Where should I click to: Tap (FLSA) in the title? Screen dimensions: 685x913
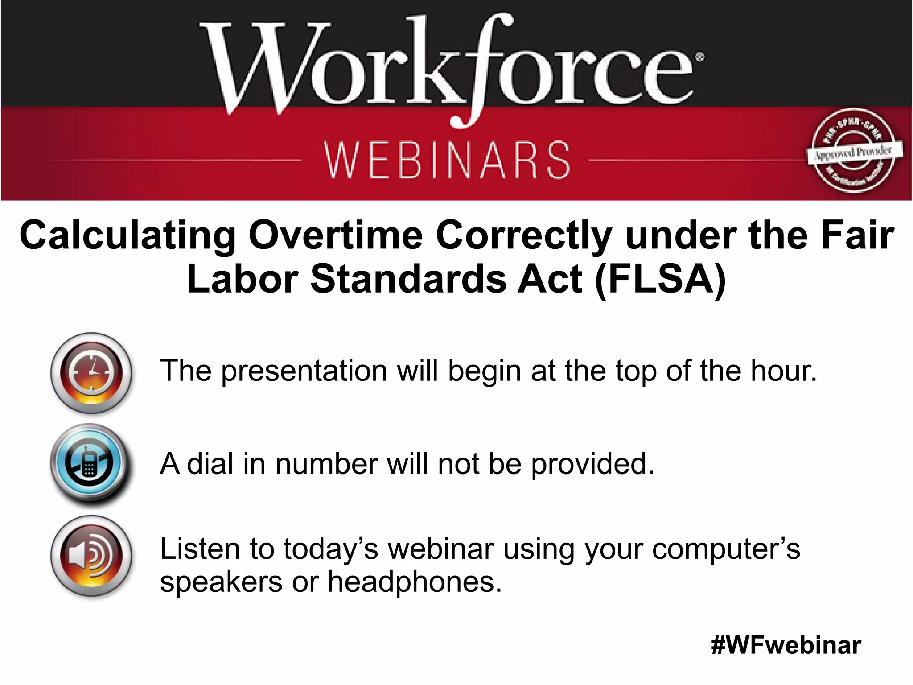[x=660, y=280]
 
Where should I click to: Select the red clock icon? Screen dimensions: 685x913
[x=91, y=373]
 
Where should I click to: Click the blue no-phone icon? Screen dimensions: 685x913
[x=90, y=464]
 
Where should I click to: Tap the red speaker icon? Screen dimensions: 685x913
[x=91, y=556]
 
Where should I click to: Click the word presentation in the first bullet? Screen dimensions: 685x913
[x=304, y=371]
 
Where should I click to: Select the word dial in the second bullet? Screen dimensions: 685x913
[x=210, y=464]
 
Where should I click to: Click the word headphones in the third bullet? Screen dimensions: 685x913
[x=415, y=582]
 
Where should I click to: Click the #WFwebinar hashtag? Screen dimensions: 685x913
[x=786, y=645]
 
